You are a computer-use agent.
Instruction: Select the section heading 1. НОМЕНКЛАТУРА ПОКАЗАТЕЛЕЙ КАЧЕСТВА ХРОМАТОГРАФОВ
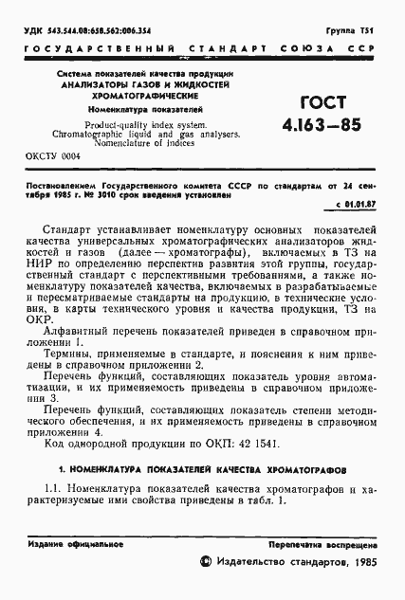click(202, 468)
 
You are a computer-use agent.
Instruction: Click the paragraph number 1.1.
click(54, 488)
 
